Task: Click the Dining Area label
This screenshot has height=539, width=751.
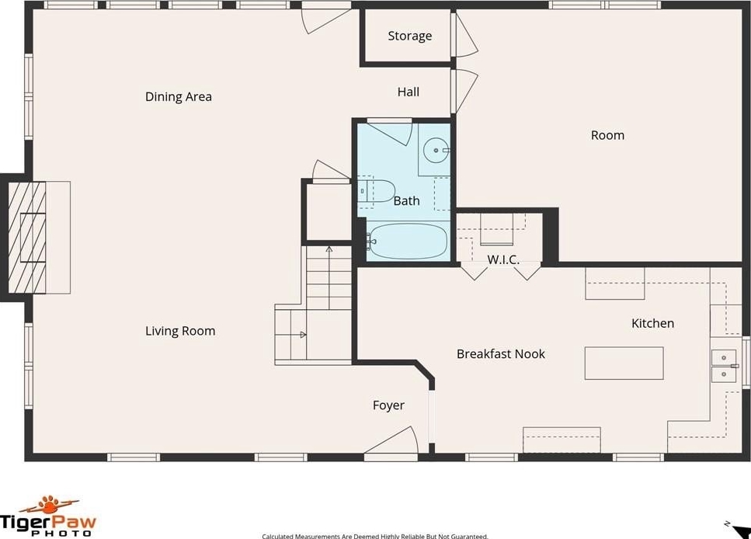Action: [x=178, y=97]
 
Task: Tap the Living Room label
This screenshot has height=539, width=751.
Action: [x=180, y=331]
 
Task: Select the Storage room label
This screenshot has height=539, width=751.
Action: [x=409, y=36]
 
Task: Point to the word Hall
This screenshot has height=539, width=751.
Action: [x=408, y=92]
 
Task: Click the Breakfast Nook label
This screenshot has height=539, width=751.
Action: [x=500, y=354]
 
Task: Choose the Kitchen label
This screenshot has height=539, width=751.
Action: [x=652, y=323]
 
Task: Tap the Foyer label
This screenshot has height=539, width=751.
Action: [x=388, y=406]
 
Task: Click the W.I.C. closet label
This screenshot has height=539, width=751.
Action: [x=503, y=259]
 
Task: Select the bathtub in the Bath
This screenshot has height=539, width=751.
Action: [x=407, y=241]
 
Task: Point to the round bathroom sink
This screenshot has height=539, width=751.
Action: [x=436, y=151]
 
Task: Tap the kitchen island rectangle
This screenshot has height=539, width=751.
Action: [x=624, y=363]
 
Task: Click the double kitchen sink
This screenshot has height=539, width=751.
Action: [x=724, y=366]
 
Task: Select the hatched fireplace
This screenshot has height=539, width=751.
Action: [x=27, y=237]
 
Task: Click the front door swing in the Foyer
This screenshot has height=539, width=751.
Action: [x=391, y=440]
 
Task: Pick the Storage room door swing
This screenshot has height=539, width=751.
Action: [x=466, y=34]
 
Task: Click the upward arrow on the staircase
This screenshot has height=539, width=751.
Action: [x=329, y=277]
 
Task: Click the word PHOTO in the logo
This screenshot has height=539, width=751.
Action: [x=61, y=534]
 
